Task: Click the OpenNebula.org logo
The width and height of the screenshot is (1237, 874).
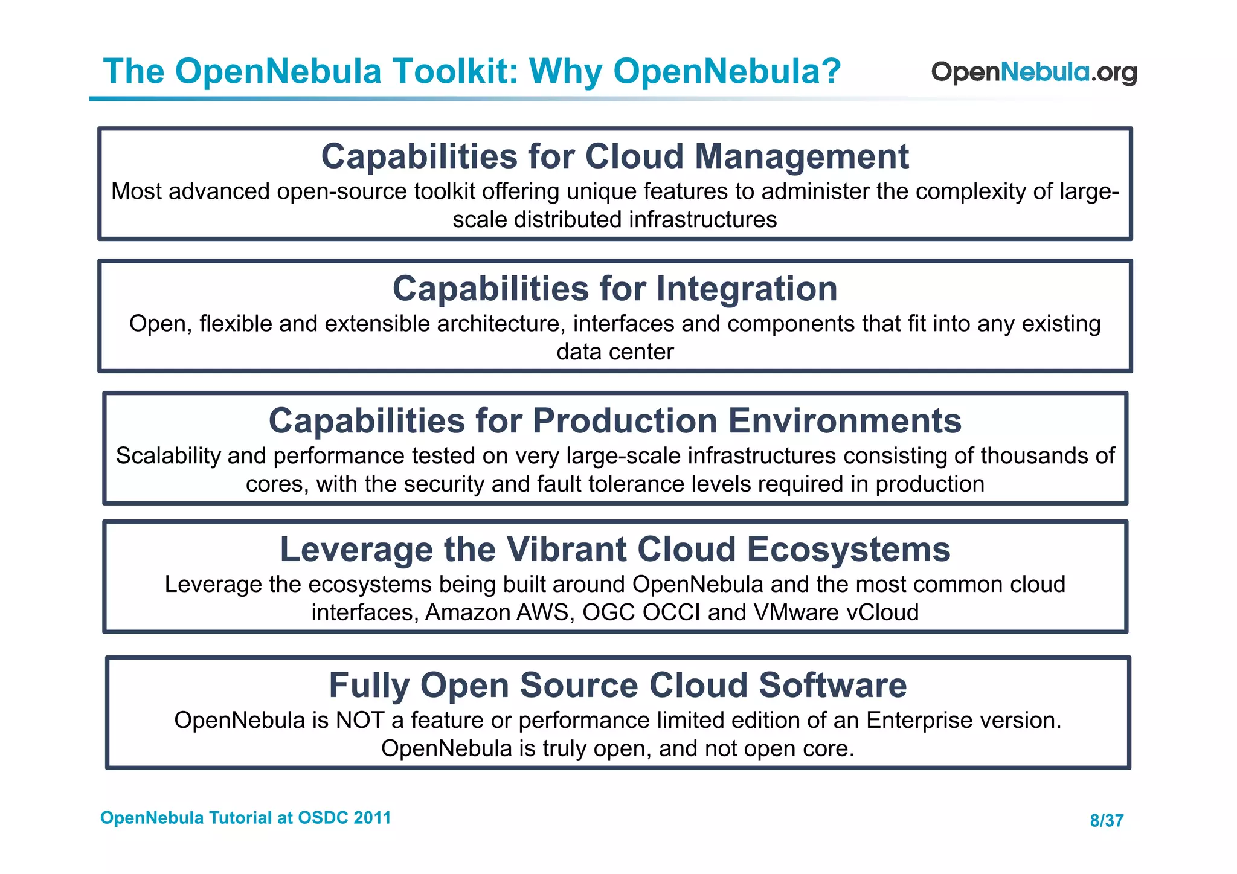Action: point(1033,72)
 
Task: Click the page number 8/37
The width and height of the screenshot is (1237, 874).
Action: point(1107,820)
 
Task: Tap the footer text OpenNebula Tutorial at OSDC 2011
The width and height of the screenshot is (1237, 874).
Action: point(245,818)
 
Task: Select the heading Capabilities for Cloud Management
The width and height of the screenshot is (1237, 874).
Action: point(614,156)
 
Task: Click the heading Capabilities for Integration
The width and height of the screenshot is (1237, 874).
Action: point(615,289)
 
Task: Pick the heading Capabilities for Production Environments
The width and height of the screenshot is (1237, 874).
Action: point(614,420)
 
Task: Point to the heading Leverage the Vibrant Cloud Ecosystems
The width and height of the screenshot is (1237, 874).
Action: point(615,550)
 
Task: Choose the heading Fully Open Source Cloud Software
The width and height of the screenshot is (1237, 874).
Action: point(617,686)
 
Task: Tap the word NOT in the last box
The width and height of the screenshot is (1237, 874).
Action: point(360,720)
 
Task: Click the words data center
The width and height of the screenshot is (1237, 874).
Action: point(615,352)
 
